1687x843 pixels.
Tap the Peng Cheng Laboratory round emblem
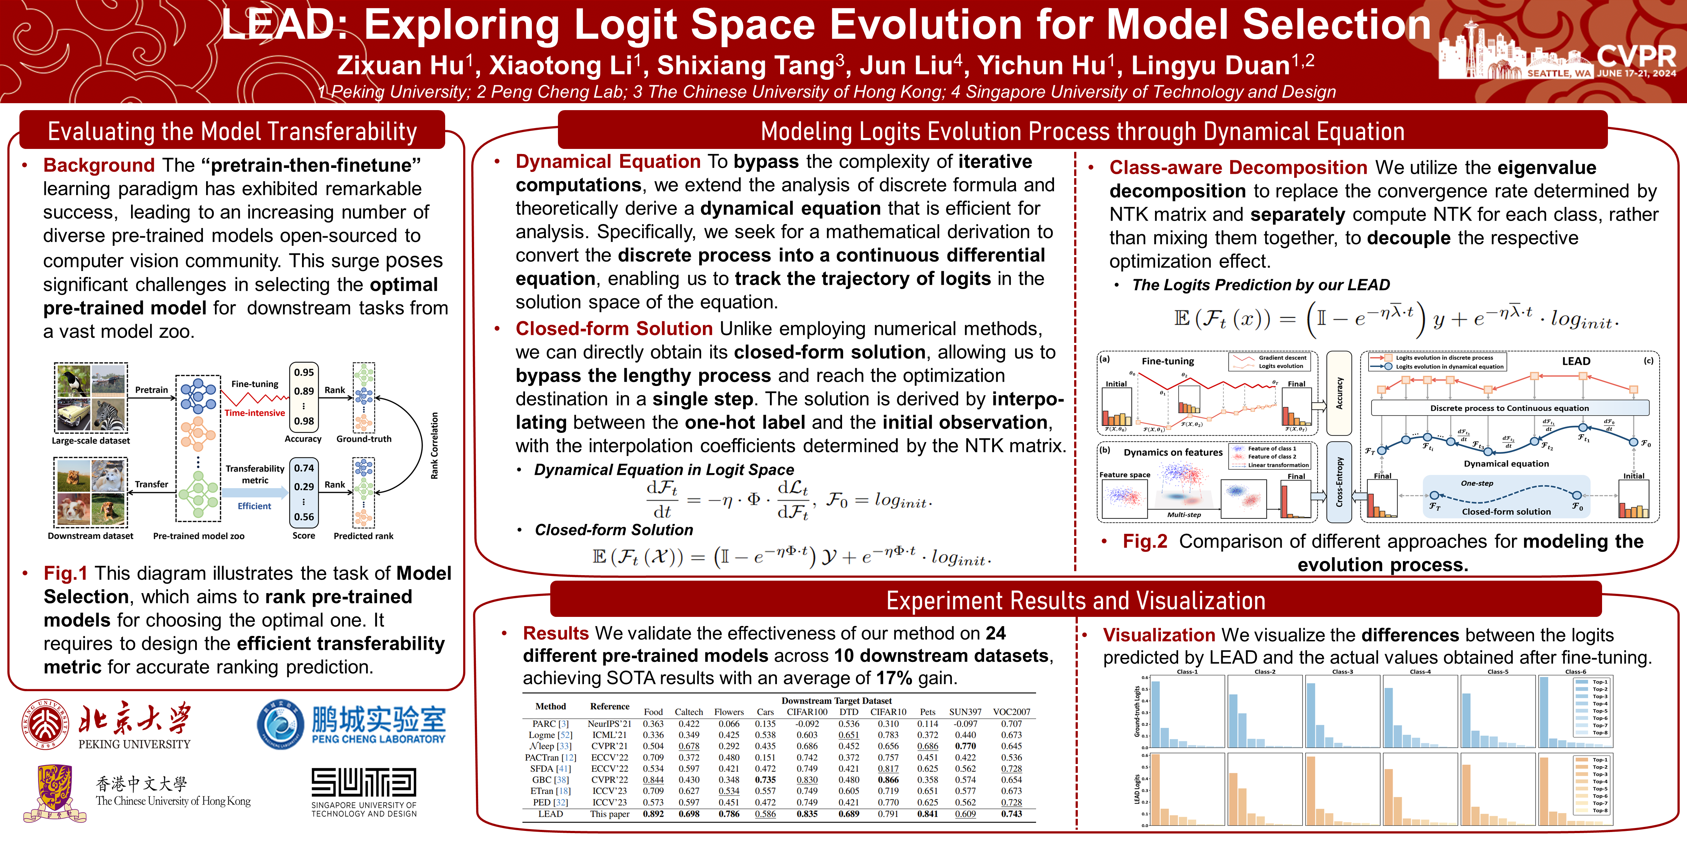(280, 724)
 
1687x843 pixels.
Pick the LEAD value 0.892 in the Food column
(653, 814)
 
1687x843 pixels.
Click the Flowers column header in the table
(729, 712)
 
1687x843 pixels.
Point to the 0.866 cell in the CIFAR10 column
(888, 779)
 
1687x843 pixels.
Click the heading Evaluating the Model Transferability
(232, 132)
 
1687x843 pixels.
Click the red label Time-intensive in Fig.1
(255, 413)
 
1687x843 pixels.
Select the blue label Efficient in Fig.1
(254, 506)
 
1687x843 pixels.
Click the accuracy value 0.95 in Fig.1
(304, 372)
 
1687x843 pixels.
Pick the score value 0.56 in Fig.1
(304, 517)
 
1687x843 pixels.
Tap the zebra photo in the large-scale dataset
(108, 414)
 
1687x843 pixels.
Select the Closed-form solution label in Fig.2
(1506, 512)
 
